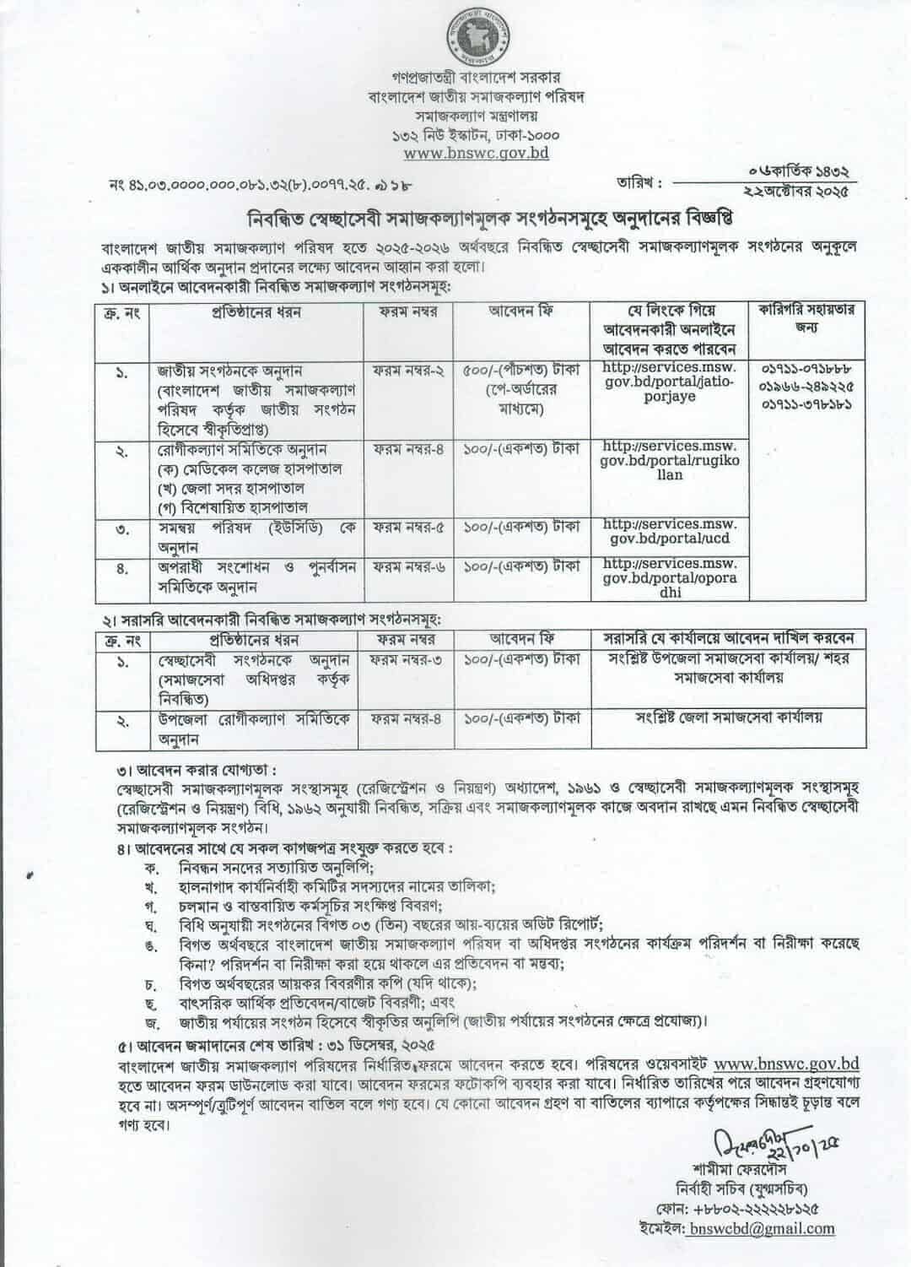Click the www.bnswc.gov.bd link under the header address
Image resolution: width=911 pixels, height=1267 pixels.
(477, 154)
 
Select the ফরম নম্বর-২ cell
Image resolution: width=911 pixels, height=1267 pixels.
(408, 370)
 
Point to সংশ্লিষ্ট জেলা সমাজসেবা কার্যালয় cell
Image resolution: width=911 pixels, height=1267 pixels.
(729, 718)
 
